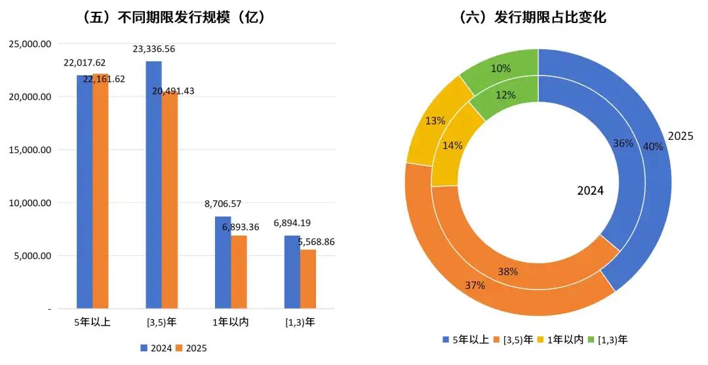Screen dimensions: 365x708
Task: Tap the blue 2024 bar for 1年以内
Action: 223,263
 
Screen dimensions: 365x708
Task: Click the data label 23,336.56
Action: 153,49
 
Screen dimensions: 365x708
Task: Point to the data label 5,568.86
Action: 316,242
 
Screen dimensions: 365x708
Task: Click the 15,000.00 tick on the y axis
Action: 31,150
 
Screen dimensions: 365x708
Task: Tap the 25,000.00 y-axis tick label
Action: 31,43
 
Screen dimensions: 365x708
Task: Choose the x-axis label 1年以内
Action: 231,322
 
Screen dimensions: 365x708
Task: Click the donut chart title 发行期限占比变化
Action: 532,18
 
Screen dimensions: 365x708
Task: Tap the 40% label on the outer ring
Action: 653,146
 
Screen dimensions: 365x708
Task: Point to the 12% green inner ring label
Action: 506,95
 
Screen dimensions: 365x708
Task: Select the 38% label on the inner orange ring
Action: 508,271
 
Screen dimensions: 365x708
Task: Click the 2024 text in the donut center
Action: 590,191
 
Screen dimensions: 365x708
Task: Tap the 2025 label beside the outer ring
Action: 680,136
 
